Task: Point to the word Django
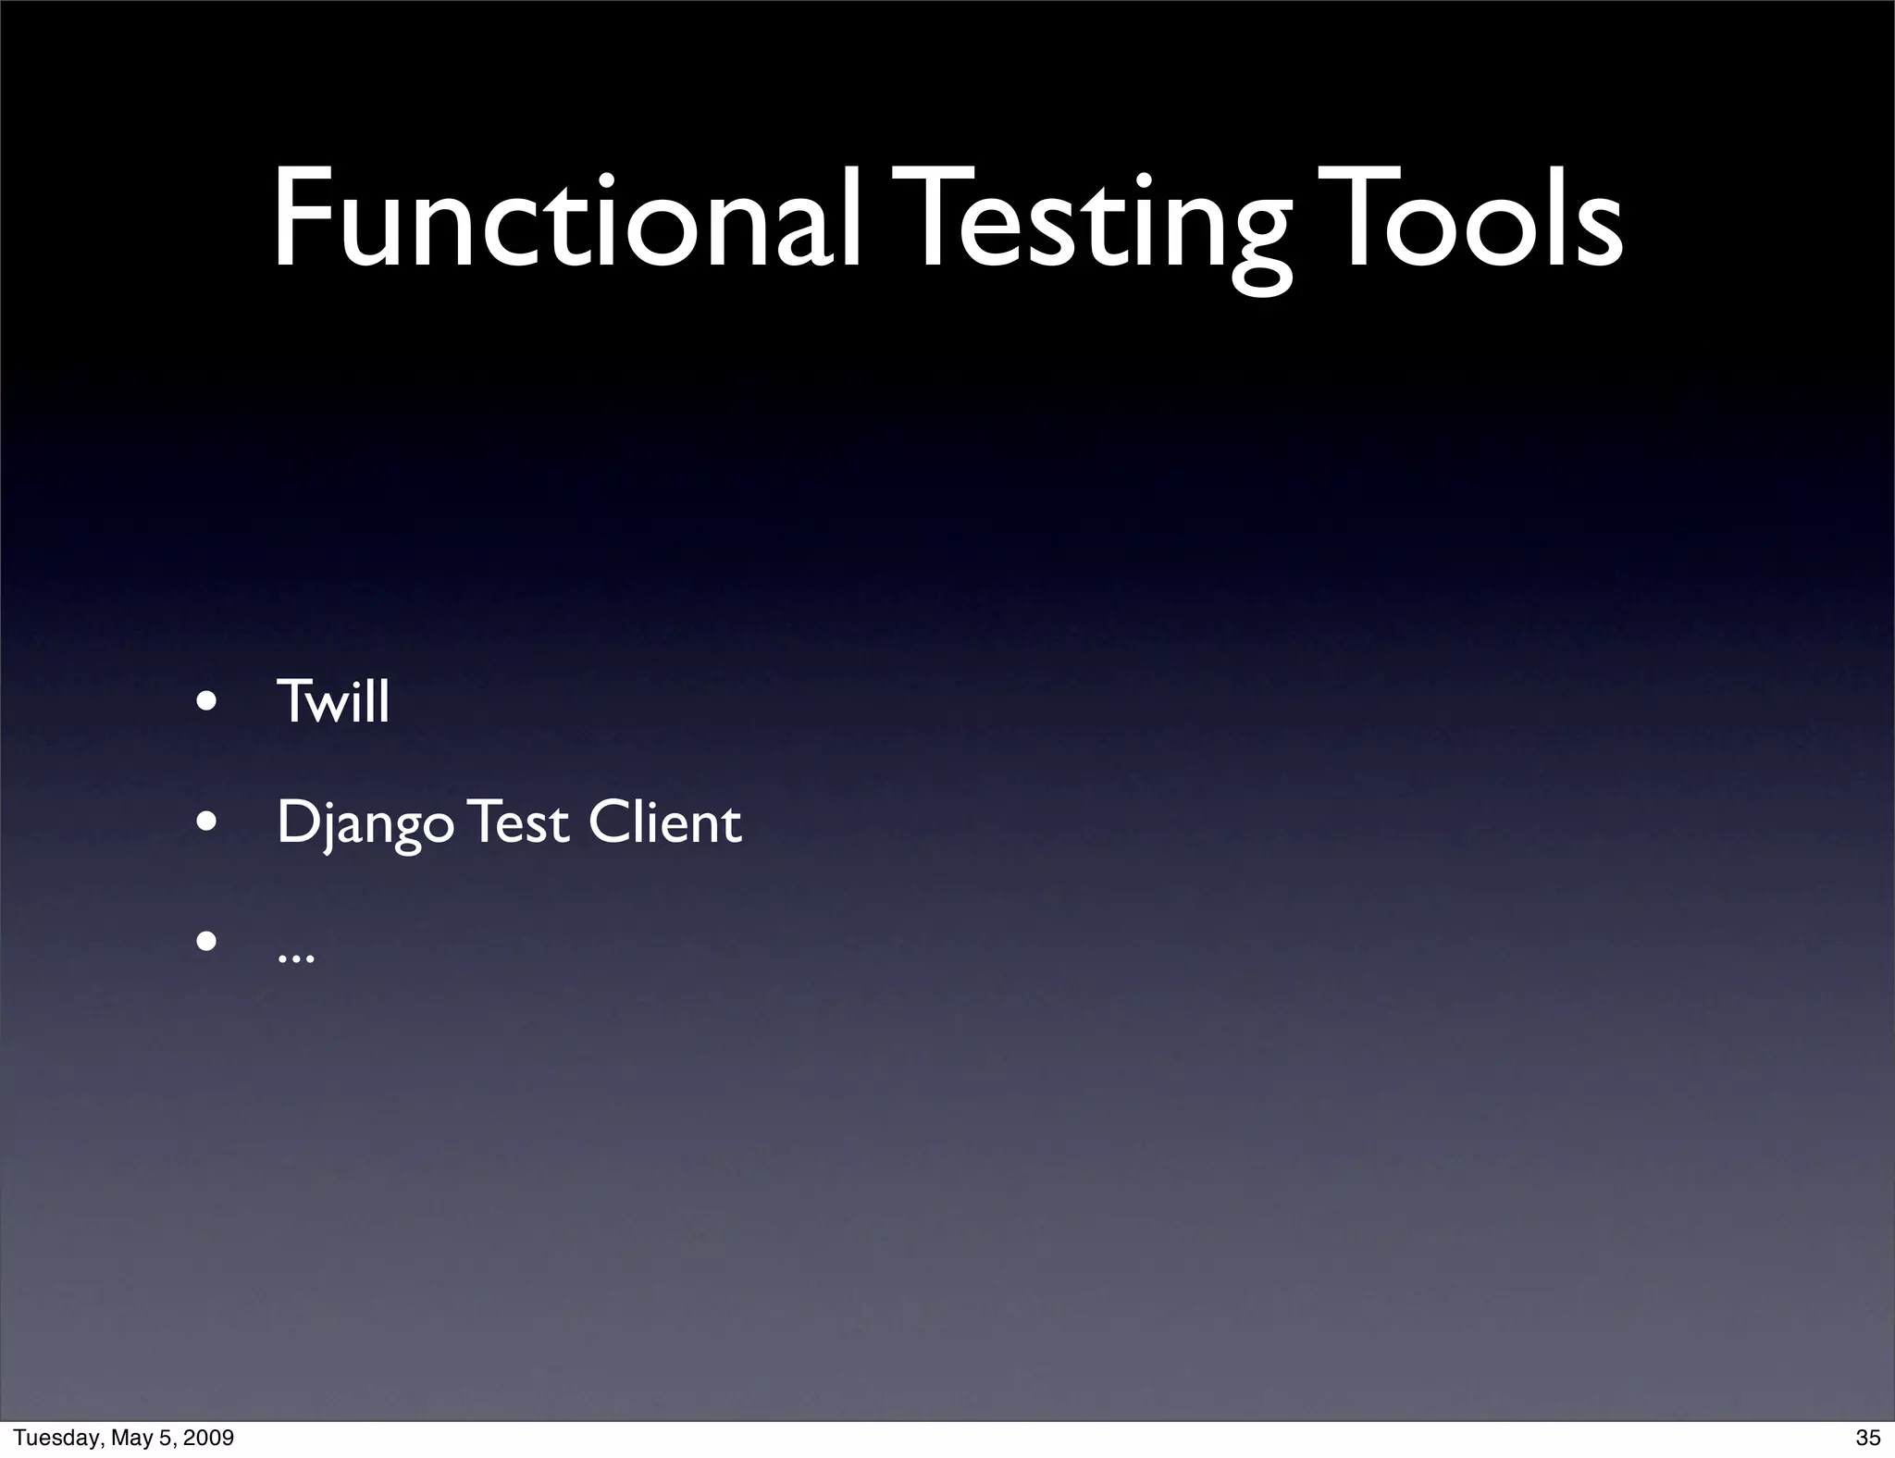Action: [365, 823]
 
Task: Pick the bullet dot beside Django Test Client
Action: [206, 822]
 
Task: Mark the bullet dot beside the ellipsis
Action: [206, 942]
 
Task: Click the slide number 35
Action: [1868, 1438]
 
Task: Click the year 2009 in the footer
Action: [208, 1438]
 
